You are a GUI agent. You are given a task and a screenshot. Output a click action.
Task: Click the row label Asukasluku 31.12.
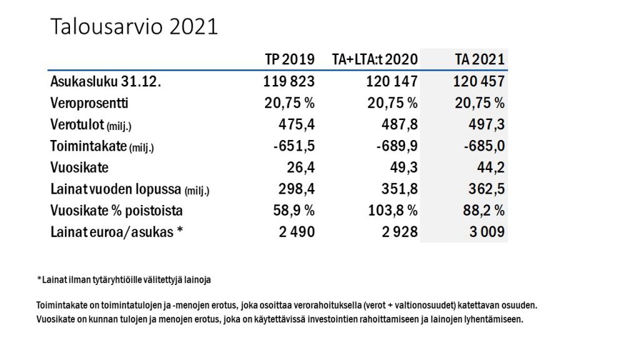click(106, 81)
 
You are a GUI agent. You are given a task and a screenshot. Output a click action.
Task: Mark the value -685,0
click(482, 146)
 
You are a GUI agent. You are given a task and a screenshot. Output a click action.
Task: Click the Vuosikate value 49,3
click(403, 168)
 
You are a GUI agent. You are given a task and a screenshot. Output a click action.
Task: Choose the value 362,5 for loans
click(486, 189)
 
